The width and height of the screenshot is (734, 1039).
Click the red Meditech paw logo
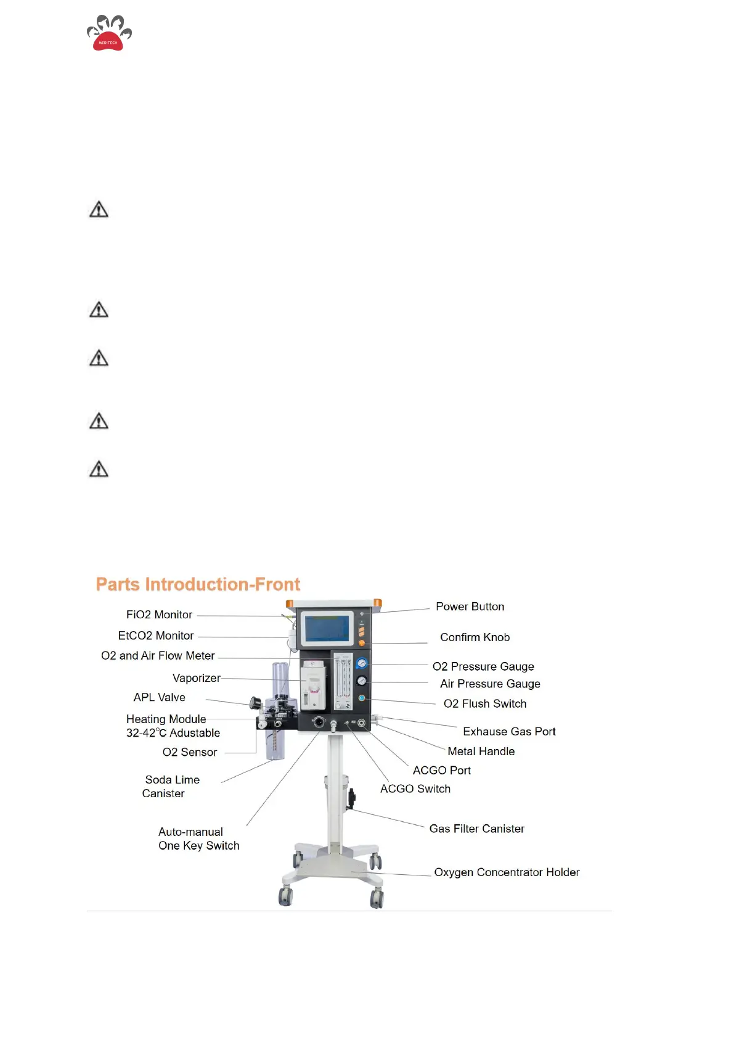click(x=109, y=33)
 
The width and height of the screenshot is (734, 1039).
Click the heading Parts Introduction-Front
click(x=198, y=584)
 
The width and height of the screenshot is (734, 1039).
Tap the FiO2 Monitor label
click(x=159, y=615)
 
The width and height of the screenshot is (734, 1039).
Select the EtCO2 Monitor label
click(x=156, y=635)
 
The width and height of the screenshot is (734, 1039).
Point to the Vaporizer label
click(x=196, y=678)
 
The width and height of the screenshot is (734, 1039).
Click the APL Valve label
click(x=159, y=697)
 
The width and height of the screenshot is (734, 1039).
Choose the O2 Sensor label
click(x=190, y=752)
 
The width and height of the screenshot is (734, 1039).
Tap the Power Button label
click(x=470, y=606)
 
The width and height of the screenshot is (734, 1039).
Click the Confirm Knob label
click(x=475, y=637)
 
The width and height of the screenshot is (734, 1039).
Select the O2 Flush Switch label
click(x=485, y=703)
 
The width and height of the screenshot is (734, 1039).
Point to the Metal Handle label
click(x=481, y=751)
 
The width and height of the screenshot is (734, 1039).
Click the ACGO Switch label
click(x=415, y=789)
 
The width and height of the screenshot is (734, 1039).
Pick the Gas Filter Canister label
click(x=477, y=829)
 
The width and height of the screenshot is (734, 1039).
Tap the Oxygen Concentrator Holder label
click(x=507, y=872)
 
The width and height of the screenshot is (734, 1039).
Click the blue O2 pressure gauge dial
click(x=362, y=664)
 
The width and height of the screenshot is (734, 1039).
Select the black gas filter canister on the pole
click(x=351, y=798)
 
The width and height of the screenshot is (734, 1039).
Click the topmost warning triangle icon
click(x=99, y=210)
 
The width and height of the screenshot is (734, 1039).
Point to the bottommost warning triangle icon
click(x=99, y=470)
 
